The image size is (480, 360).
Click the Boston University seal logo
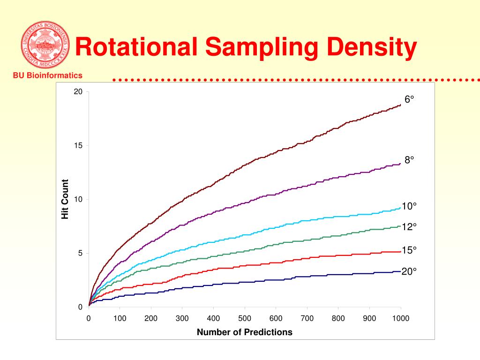[x=45, y=45]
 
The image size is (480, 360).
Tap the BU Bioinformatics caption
[x=47, y=75]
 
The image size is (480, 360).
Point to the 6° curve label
[x=410, y=99]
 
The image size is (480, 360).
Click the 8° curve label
[x=410, y=160]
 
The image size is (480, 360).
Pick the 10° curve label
[x=409, y=206]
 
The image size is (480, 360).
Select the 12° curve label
[x=409, y=227]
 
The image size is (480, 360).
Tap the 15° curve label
[x=409, y=250]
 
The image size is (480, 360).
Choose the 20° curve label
[x=409, y=271]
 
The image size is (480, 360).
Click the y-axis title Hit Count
[x=65, y=199]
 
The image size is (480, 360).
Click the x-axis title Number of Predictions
[x=244, y=332]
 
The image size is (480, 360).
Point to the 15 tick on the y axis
[x=78, y=146]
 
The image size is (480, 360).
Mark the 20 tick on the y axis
[x=78, y=92]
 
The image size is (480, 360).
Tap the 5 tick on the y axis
[x=80, y=253]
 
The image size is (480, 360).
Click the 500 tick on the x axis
[x=245, y=319]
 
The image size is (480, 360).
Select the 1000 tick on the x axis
[x=401, y=319]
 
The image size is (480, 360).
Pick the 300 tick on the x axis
[x=182, y=319]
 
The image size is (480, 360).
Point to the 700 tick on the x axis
[x=307, y=319]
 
